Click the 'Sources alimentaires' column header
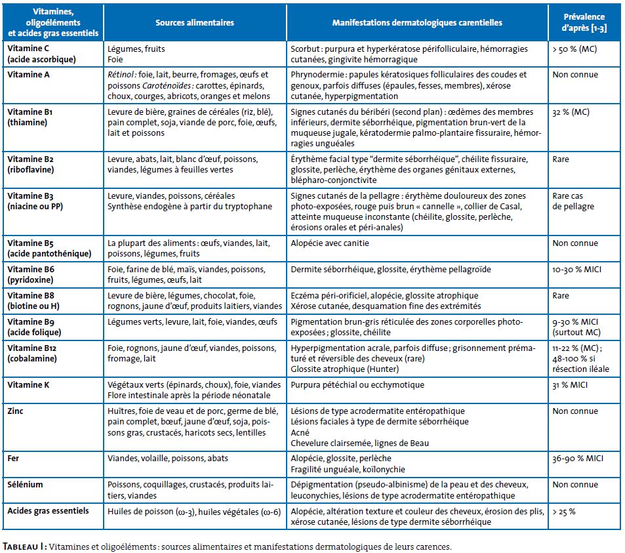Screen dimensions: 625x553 [x=195, y=23]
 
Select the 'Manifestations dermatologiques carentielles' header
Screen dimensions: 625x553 [x=417, y=23]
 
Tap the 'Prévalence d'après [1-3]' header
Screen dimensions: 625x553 [x=584, y=22]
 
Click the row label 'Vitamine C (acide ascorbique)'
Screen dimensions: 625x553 [x=41, y=54]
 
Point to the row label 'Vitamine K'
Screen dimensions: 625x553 [x=28, y=385]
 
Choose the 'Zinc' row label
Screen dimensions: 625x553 [x=15, y=411]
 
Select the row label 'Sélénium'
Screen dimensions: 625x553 [x=25, y=484]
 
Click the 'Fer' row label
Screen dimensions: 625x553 [x=13, y=458]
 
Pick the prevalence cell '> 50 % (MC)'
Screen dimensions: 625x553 [x=575, y=49]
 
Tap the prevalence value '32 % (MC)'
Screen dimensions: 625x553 [x=571, y=112]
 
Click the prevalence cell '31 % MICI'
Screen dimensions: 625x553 [x=570, y=385]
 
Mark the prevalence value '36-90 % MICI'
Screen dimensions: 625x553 [x=578, y=459]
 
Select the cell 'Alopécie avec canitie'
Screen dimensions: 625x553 [x=330, y=243]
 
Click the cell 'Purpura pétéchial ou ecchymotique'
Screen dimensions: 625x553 [x=357, y=385]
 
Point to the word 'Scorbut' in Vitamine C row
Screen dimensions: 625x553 [x=305, y=49]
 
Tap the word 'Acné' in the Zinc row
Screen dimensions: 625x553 [x=300, y=432]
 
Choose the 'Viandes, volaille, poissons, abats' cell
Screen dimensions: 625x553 [x=168, y=459]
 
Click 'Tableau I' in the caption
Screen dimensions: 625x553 [x=24, y=546]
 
